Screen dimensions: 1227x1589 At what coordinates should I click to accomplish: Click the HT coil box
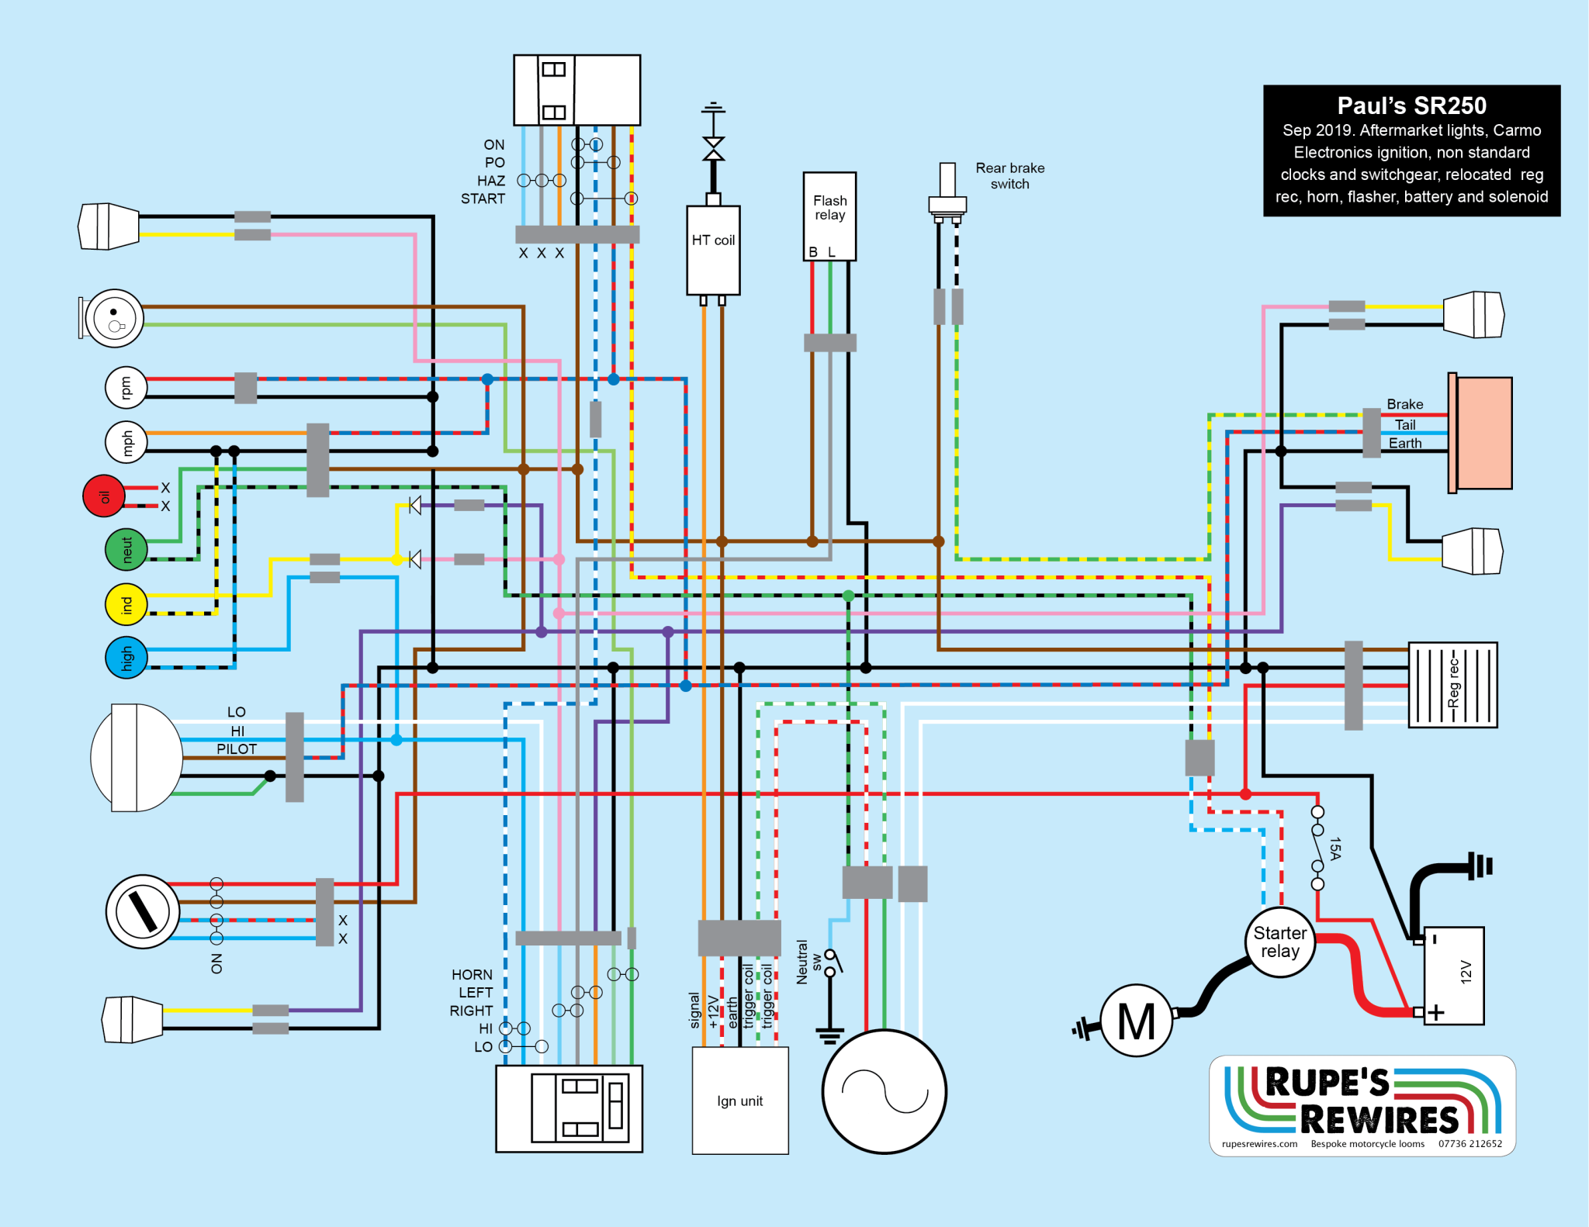click(713, 250)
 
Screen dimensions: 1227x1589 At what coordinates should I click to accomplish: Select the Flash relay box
click(829, 216)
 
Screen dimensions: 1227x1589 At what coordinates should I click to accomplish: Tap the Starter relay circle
click(1280, 942)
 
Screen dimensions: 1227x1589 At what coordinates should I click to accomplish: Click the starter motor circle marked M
click(1136, 1021)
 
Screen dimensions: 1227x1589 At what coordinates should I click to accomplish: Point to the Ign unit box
click(740, 1101)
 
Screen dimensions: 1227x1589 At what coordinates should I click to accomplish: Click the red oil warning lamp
click(104, 496)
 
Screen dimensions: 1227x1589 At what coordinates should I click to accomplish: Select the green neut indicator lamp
click(126, 549)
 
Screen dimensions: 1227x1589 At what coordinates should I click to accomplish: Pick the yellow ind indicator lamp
click(126, 604)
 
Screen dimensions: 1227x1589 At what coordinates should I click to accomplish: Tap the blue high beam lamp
click(126, 658)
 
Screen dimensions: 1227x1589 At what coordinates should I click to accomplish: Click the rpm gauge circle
click(126, 388)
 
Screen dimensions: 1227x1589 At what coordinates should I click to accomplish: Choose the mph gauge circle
click(126, 442)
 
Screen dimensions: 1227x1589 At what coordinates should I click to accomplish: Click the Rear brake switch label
click(1009, 176)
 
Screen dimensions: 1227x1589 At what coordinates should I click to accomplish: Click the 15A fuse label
click(1335, 849)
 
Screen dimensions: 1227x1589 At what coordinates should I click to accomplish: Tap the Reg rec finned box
click(1452, 685)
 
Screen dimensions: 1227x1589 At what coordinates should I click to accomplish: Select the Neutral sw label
click(808, 962)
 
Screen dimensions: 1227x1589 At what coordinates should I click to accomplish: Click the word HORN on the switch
click(472, 975)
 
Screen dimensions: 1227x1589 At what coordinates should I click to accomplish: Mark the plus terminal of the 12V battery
click(1435, 1012)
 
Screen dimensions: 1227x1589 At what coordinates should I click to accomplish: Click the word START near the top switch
click(483, 199)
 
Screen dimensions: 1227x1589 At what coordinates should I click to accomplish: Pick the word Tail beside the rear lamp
click(1405, 425)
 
